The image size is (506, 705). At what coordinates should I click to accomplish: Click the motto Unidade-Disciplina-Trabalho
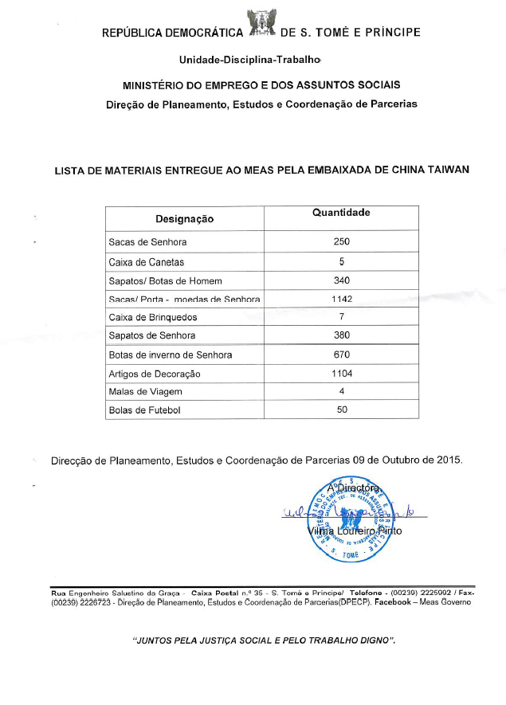point(250,60)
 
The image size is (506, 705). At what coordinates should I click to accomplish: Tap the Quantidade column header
point(341,213)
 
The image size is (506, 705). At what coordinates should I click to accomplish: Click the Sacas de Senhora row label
point(147,242)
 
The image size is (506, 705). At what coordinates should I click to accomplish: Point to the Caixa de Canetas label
point(146,262)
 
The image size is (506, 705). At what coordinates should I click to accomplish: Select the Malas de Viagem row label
point(145,392)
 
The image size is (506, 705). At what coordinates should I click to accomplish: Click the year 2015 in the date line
point(449,460)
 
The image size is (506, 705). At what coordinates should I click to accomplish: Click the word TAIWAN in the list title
point(445,169)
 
